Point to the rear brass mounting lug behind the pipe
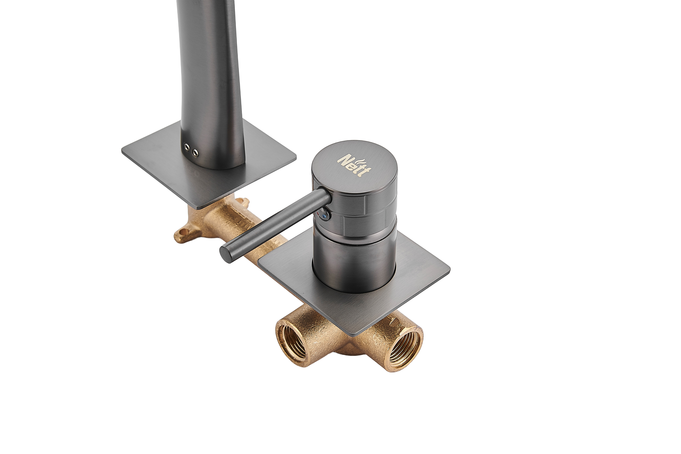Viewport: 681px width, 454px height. (242, 202)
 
